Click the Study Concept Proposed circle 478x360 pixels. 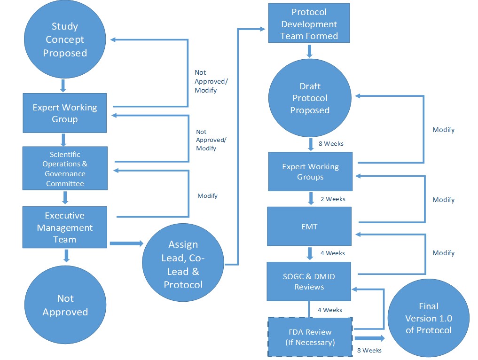tap(65, 40)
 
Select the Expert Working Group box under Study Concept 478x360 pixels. tap(65, 113)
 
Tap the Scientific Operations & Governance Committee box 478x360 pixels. tap(65, 168)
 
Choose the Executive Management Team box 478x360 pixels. tap(65, 227)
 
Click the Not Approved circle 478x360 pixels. tap(65, 305)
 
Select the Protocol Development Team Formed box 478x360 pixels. tap(309, 23)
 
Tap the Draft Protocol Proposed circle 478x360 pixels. tap(310, 98)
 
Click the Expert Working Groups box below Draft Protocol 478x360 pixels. tap(310, 172)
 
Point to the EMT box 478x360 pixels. tap(309, 227)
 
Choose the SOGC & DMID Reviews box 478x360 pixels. tap(309, 281)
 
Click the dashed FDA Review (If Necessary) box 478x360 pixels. tap(310, 337)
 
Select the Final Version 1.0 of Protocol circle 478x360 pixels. tap(428, 318)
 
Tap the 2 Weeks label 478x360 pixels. tap(333, 199)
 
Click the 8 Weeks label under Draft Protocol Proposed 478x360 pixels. tap(331, 143)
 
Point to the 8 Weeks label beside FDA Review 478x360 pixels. tap(369, 351)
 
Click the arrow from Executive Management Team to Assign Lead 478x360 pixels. tap(126, 243)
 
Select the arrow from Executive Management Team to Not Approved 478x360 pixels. tap(66, 256)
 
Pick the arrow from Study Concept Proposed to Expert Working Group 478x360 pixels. tap(63, 86)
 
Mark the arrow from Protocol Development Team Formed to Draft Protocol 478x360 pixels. tap(310, 50)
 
